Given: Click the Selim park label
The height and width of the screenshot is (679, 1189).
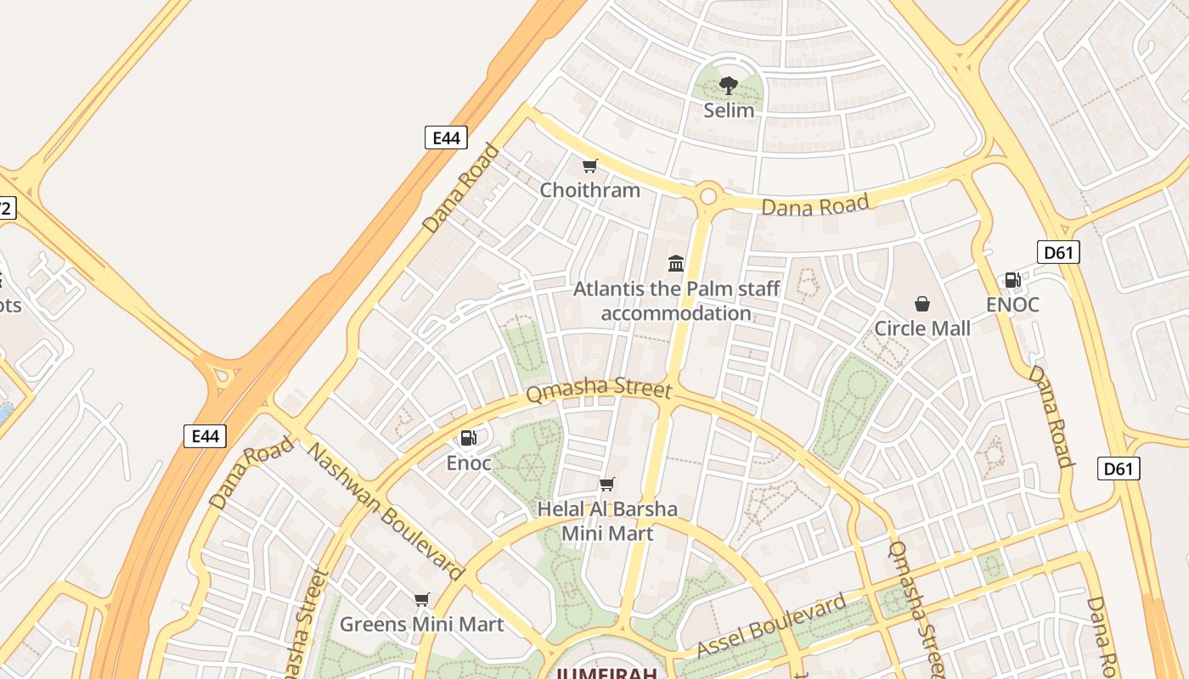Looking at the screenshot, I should (729, 110).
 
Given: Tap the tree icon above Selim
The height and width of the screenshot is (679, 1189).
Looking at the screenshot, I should (728, 85).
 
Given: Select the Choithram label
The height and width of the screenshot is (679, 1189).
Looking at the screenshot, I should (590, 190).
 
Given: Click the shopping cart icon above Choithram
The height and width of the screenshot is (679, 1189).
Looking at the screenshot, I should (589, 166).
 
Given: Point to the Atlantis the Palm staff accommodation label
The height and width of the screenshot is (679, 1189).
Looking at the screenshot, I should (676, 301).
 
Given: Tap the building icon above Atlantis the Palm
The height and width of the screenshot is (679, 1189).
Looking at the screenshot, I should (676, 263).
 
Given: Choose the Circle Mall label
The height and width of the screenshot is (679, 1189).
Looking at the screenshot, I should (922, 328).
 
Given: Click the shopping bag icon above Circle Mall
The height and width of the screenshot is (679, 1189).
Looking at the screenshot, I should (921, 304).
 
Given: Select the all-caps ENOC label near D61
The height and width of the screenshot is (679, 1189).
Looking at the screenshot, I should (1012, 305).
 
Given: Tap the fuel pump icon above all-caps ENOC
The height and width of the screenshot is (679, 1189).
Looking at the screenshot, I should (1012, 280).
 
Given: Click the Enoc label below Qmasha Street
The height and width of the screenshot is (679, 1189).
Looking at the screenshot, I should (469, 463).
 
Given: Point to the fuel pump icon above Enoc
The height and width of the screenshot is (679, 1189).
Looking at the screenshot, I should (468, 438).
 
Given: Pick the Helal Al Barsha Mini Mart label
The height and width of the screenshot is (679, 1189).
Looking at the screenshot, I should (608, 521).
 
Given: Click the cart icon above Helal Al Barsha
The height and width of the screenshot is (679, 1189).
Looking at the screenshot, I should (606, 484).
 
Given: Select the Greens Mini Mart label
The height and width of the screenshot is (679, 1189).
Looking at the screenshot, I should (422, 625).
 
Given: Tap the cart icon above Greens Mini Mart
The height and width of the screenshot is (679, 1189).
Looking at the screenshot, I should (422, 600).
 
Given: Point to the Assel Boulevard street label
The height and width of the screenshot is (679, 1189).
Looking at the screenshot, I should (771, 627).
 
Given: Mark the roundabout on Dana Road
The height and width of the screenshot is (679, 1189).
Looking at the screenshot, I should (707, 197).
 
